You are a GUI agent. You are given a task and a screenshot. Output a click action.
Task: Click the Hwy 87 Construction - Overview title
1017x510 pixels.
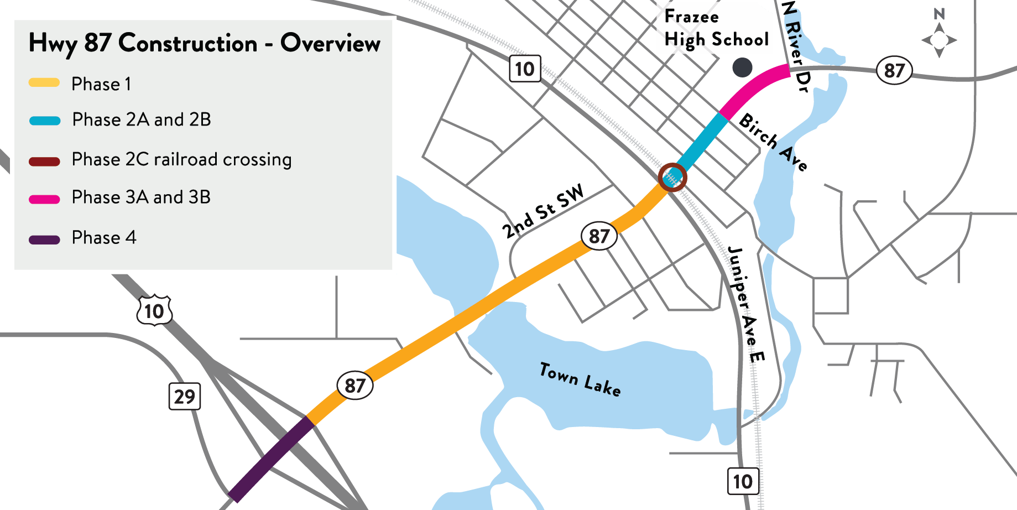(x=204, y=43)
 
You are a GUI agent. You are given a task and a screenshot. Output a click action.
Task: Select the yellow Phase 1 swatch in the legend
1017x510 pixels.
(x=44, y=83)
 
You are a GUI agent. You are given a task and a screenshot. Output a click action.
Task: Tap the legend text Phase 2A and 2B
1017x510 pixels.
(x=142, y=119)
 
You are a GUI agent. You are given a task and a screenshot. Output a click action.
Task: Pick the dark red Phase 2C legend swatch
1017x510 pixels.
(x=44, y=162)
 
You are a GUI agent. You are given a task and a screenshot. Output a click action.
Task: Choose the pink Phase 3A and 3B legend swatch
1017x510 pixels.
(x=44, y=199)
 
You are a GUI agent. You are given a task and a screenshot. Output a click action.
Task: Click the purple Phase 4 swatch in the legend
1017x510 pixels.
(x=44, y=240)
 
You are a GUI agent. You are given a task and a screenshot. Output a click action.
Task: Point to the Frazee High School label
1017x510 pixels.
(x=716, y=28)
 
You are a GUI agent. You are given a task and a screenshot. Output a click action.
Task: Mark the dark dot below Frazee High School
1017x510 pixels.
(x=742, y=67)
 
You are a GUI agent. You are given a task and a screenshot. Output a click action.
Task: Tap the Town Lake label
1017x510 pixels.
(x=580, y=379)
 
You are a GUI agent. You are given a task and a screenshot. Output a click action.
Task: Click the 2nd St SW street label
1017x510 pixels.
(x=543, y=211)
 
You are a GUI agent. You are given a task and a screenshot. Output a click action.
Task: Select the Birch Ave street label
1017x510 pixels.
(x=773, y=142)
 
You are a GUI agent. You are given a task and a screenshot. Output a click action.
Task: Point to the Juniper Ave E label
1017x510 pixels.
(x=746, y=304)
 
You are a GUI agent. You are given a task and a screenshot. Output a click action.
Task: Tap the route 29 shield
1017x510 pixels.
(x=185, y=396)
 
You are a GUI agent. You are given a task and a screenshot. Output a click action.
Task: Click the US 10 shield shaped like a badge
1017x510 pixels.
(x=154, y=311)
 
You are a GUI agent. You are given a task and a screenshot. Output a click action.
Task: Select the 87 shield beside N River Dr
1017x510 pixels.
(x=894, y=71)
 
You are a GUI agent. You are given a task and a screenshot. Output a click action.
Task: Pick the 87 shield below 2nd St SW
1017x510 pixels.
(x=599, y=236)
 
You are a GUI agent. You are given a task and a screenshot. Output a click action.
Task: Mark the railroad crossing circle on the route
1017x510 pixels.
(x=672, y=178)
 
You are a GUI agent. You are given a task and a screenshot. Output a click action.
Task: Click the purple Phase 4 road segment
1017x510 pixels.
(x=271, y=459)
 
